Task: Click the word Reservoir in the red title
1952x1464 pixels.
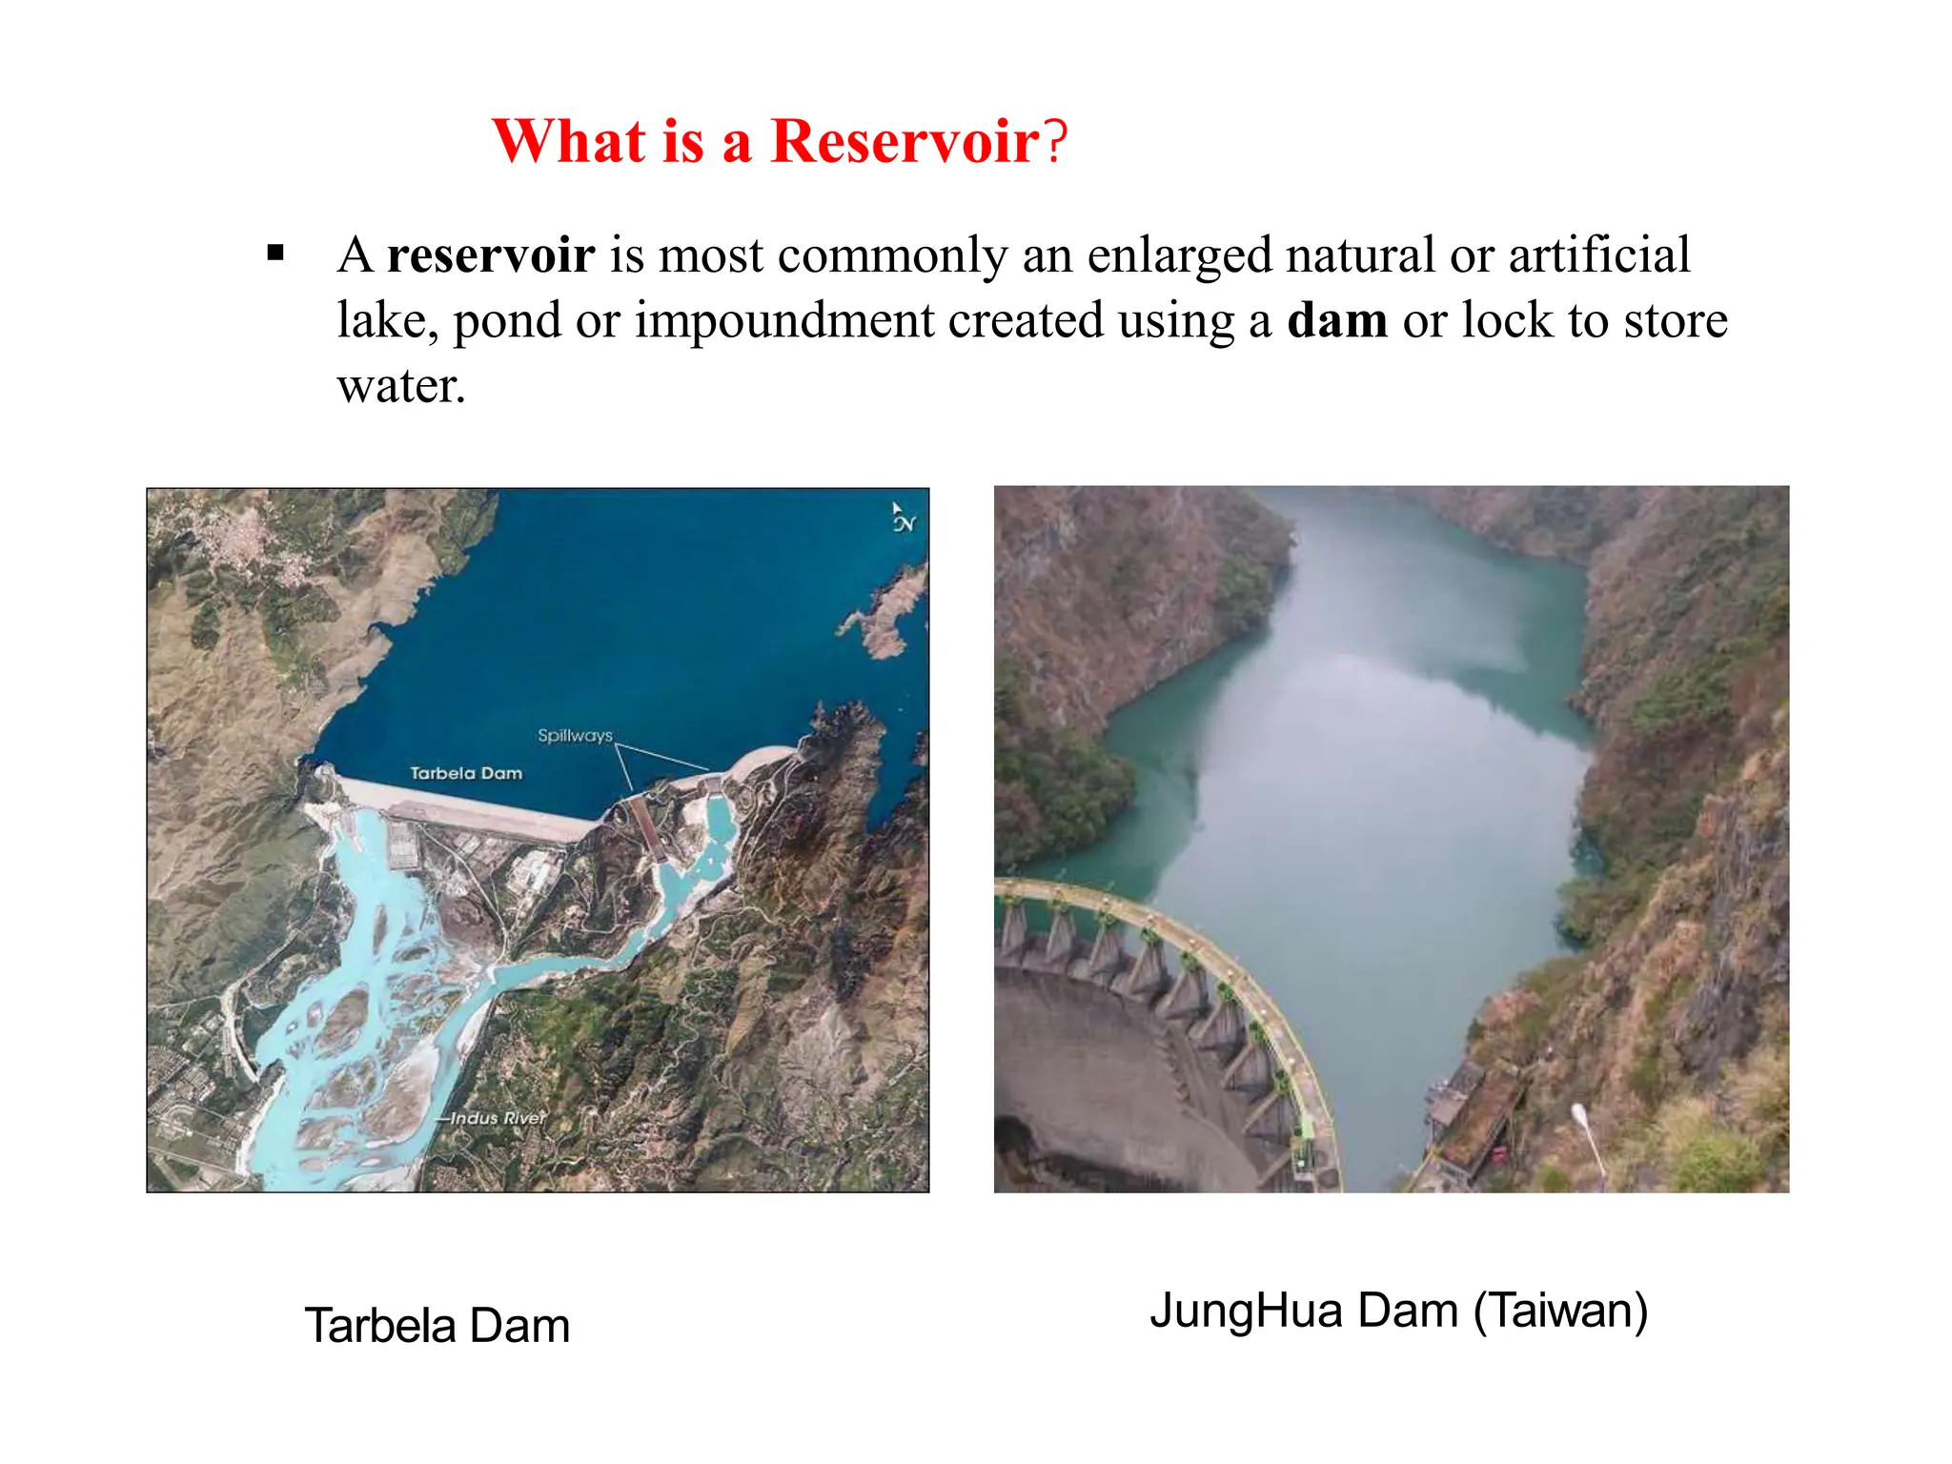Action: (904, 142)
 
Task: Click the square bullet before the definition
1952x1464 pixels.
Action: (276, 254)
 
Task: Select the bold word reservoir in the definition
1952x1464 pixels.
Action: (491, 255)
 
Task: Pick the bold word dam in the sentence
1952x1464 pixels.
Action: (1336, 320)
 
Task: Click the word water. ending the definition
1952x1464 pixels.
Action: (401, 386)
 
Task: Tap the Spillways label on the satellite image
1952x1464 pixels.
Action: (575, 736)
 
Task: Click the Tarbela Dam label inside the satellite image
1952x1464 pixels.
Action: (466, 773)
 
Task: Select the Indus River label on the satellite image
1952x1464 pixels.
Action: (498, 1118)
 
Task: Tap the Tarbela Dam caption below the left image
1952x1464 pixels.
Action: (437, 1326)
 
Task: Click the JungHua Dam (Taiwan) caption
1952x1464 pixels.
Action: (1398, 1311)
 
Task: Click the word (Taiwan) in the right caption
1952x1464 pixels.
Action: (1560, 1311)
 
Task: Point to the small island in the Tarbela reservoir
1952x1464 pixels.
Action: (886, 610)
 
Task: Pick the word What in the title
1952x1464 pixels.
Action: (569, 142)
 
